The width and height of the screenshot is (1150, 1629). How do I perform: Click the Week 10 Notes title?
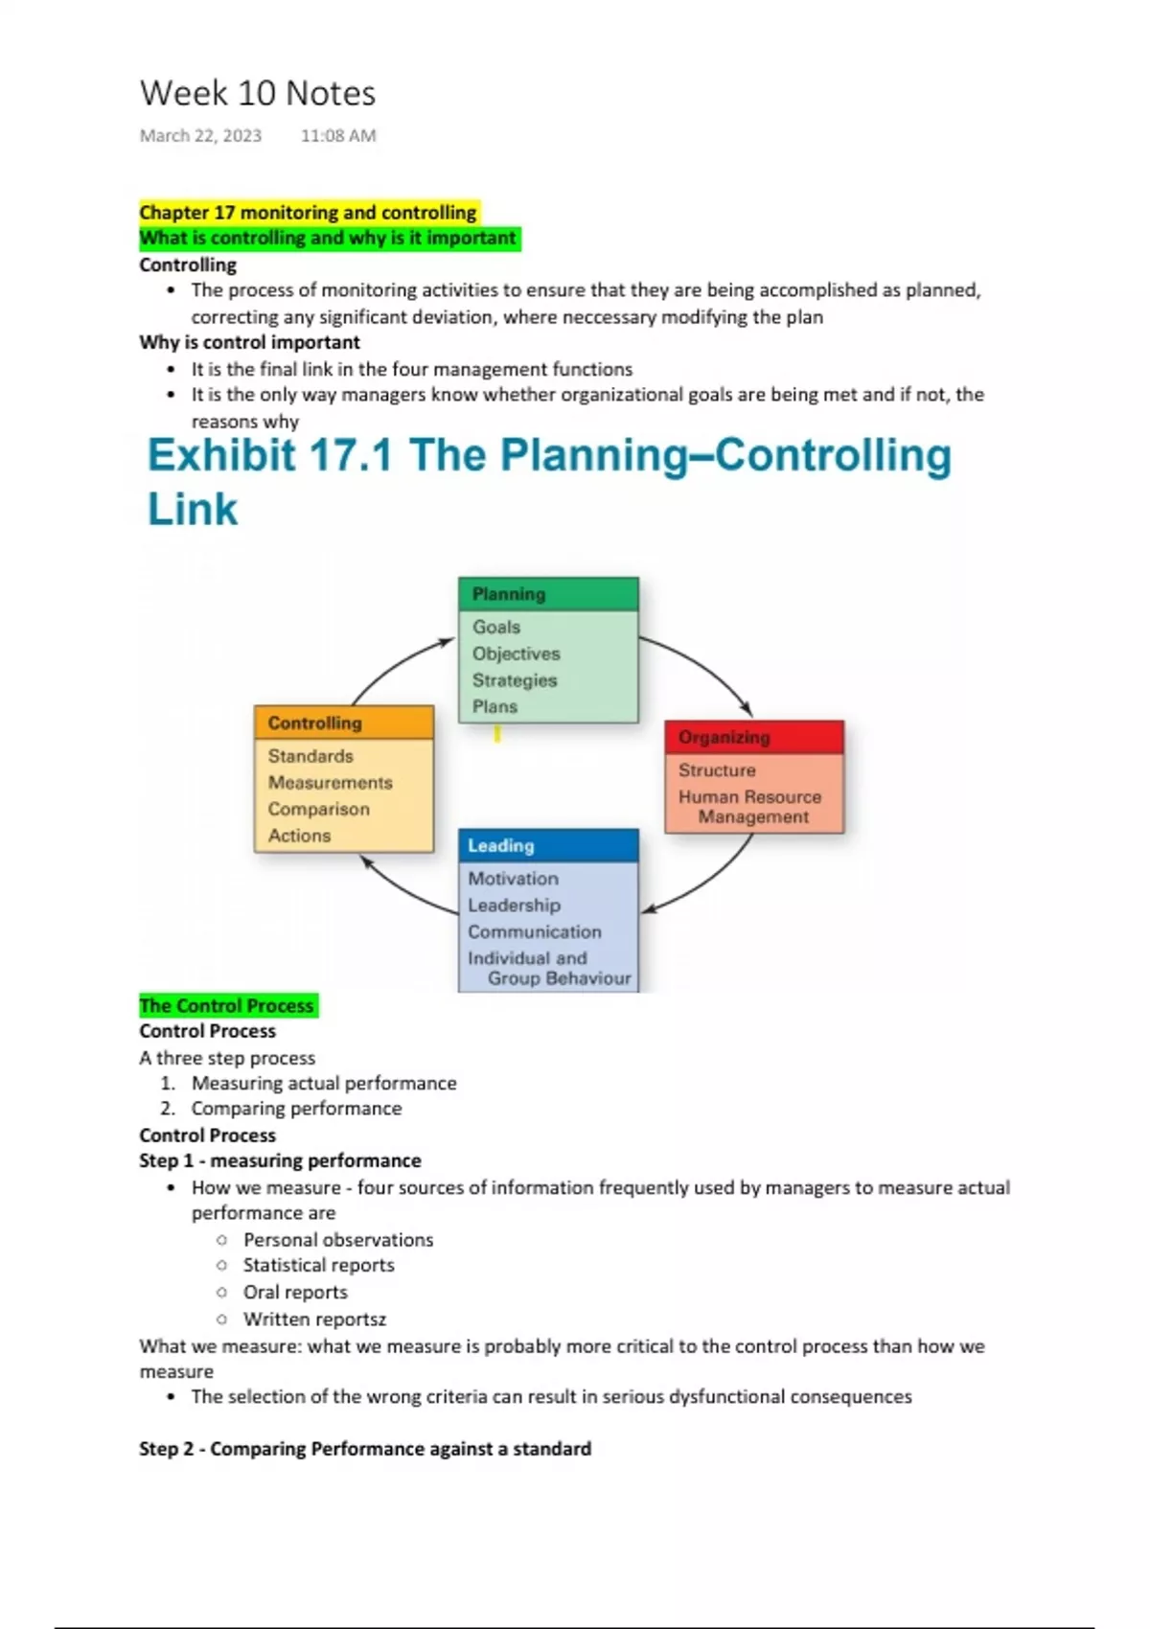coord(258,93)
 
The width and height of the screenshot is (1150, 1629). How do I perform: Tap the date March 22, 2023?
coord(200,135)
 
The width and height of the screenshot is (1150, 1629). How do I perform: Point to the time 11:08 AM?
coord(338,135)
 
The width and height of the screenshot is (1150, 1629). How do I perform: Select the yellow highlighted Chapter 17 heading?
coord(308,212)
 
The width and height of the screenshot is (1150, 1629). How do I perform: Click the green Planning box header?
coord(548,594)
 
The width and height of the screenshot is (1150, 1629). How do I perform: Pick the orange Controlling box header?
coord(344,723)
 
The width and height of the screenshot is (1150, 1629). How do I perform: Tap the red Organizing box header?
coord(754,737)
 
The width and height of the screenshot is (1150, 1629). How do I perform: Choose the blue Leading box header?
coord(548,845)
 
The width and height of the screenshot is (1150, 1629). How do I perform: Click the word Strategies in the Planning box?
coord(515,680)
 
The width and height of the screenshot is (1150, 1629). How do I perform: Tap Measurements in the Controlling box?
coord(331,782)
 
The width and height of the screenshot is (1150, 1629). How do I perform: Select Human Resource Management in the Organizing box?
coord(750,807)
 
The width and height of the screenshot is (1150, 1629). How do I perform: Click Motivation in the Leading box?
coord(513,878)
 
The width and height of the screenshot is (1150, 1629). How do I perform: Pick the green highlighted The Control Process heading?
coord(227,1005)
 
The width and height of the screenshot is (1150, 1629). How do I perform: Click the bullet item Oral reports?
coord(295,1292)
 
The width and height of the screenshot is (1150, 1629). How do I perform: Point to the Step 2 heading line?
coord(365,1448)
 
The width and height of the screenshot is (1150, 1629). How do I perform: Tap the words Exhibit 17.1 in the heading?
coord(270,455)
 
